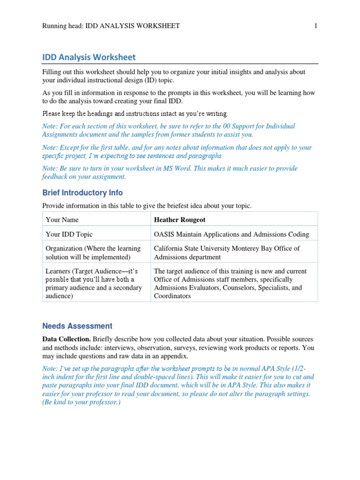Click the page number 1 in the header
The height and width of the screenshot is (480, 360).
[x=315, y=26]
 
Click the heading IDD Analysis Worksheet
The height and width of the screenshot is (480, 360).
[x=89, y=57]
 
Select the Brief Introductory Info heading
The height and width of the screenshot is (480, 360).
[x=82, y=193]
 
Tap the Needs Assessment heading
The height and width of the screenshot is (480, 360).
[x=77, y=326]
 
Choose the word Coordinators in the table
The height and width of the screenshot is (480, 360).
[x=172, y=296]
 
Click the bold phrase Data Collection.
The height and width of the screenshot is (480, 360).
[x=67, y=339]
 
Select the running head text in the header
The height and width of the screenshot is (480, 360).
[x=111, y=26]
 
